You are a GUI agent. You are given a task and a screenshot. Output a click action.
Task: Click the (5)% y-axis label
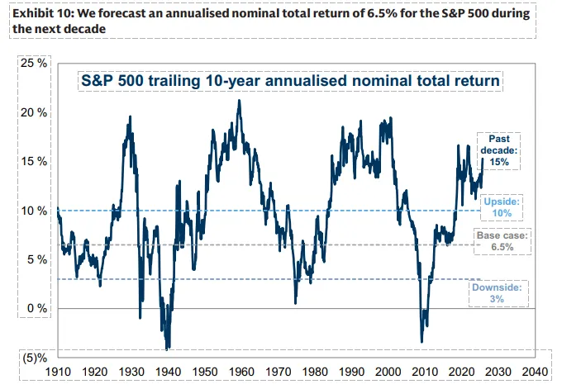pyautogui.click(x=32, y=358)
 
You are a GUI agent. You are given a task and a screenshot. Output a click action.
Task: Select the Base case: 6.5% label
pyautogui.click(x=501, y=241)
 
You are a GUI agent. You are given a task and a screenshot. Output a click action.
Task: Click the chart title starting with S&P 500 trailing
pyautogui.click(x=290, y=82)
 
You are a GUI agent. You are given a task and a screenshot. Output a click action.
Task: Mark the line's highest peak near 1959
pyautogui.click(x=239, y=101)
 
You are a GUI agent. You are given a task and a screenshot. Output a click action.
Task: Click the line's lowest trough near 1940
pyautogui.click(x=168, y=348)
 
